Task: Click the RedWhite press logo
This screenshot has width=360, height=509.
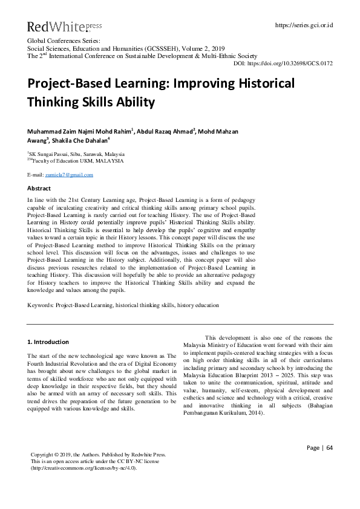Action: pyautogui.click(x=56, y=26)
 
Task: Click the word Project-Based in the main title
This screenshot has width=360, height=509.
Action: pyautogui.click(x=78, y=83)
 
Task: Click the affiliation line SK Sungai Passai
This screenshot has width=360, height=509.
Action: pyautogui.click(x=76, y=155)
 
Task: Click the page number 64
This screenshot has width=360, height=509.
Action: pyautogui.click(x=330, y=464)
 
